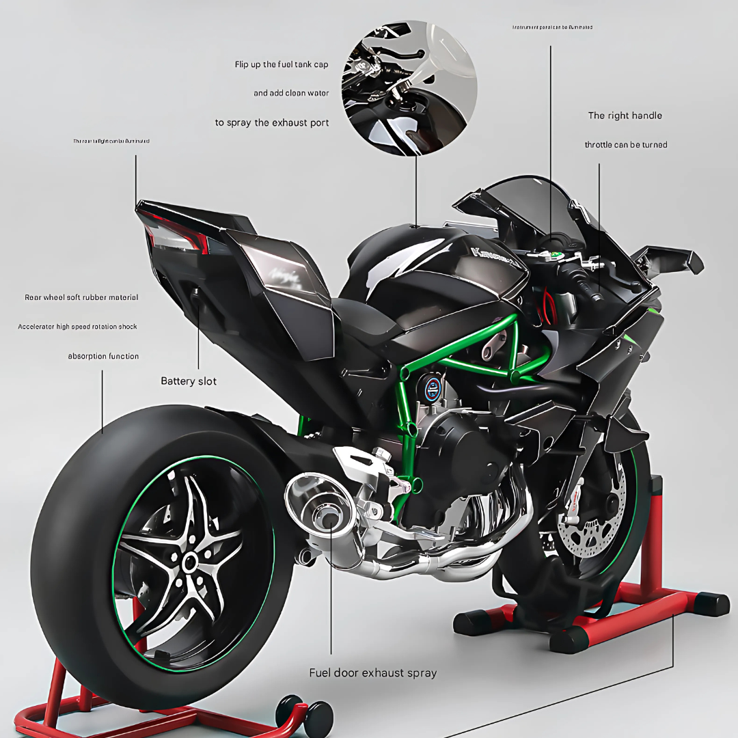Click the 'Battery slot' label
click(188, 381)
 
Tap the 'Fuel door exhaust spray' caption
click(372, 673)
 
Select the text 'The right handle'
click(625, 115)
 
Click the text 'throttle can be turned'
click(625, 145)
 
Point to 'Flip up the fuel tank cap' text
click(282, 64)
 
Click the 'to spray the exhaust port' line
click(271, 123)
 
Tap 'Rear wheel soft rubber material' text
click(81, 297)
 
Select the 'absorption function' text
click(103, 356)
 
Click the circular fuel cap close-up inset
click(409, 87)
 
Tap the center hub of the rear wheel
click(189, 562)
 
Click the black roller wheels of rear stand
click(304, 714)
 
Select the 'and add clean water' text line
click(291, 93)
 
